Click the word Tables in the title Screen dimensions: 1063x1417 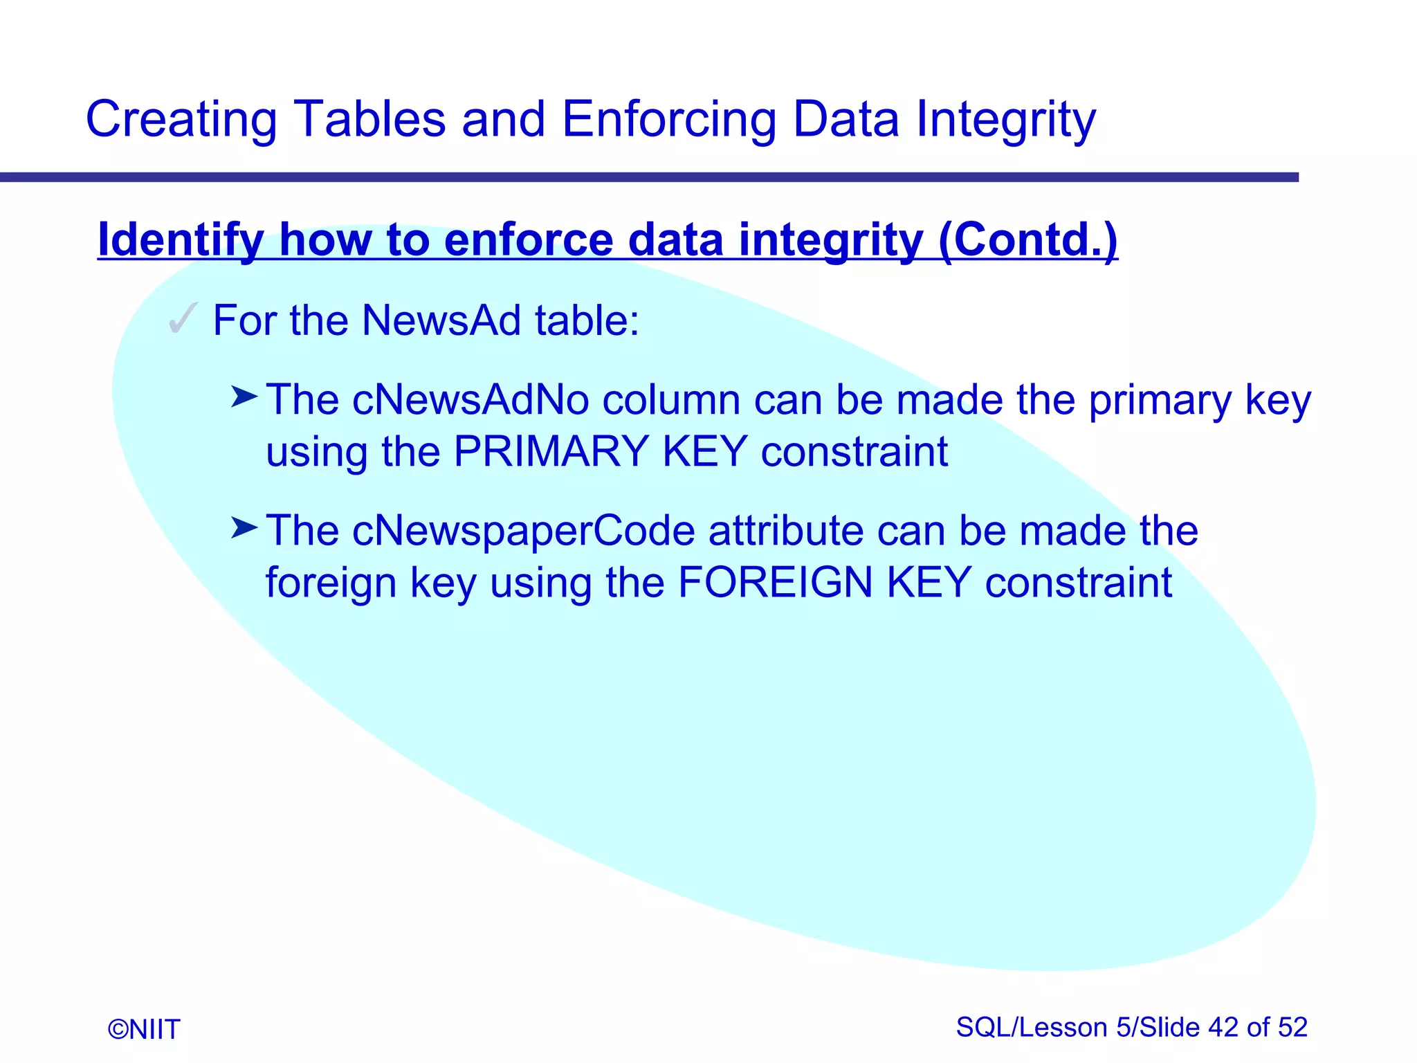click(369, 119)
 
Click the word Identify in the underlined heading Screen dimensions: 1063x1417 click(180, 240)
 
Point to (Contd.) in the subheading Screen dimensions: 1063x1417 click(1028, 240)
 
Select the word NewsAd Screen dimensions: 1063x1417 click(441, 320)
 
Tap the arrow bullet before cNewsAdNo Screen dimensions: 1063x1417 click(244, 397)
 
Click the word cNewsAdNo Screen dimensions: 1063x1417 click(470, 400)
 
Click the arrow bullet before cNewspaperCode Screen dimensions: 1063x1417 click(244, 529)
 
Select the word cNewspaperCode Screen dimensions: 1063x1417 click(523, 531)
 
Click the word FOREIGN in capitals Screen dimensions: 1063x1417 click(775, 582)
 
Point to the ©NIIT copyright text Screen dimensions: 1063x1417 click(144, 1029)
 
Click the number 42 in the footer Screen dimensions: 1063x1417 click(1223, 1027)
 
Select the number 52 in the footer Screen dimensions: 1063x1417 click(1292, 1027)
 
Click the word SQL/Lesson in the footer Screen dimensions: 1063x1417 click(1031, 1027)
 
